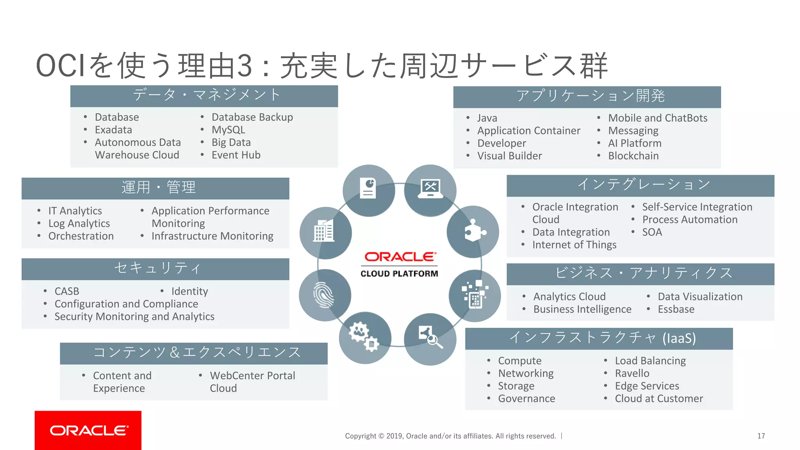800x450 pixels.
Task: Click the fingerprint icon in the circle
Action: [x=324, y=295]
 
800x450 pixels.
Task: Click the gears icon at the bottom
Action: [x=364, y=337]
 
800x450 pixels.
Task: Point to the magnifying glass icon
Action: [x=430, y=337]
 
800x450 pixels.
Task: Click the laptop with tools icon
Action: [x=430, y=189]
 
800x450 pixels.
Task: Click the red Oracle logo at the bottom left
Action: [x=88, y=430]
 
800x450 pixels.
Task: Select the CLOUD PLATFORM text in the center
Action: [x=399, y=274]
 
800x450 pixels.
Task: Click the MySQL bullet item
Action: [x=228, y=130]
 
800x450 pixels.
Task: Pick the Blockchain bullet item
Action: [x=633, y=156]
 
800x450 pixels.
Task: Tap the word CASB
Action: [x=67, y=291]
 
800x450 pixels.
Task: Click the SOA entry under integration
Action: [x=652, y=232]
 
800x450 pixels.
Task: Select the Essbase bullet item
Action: [x=676, y=309]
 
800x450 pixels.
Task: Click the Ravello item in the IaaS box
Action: [x=632, y=373]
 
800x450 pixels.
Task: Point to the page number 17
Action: [x=761, y=436]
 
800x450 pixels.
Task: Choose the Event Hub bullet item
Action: [x=236, y=155]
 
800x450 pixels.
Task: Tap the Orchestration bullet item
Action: [x=81, y=236]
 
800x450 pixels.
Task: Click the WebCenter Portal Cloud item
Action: [x=252, y=382]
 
